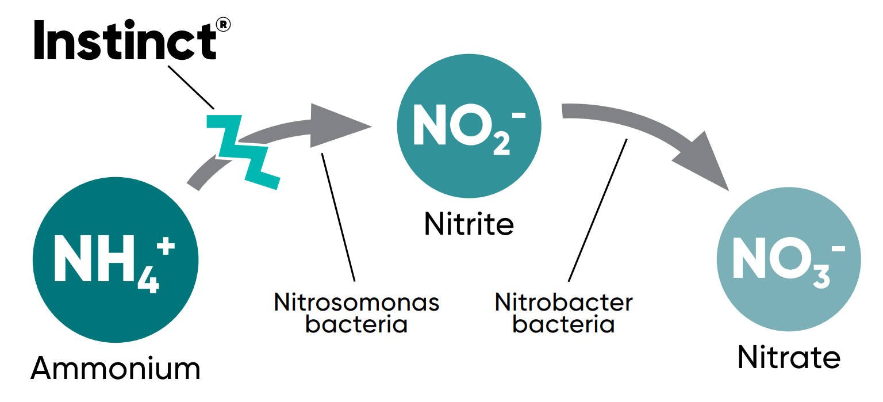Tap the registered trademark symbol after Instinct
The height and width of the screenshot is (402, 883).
224,24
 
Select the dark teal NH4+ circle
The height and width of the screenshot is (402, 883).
115,261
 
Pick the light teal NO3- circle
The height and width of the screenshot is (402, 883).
789,262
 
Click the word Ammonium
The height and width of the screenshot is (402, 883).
116,368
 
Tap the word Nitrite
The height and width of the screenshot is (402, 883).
469,224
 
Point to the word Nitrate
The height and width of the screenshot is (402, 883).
789,357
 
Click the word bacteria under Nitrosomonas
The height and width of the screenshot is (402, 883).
356,324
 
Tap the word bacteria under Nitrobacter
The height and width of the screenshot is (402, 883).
563,324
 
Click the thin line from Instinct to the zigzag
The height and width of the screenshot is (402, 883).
191,86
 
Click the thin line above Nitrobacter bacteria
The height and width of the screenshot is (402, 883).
598,210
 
